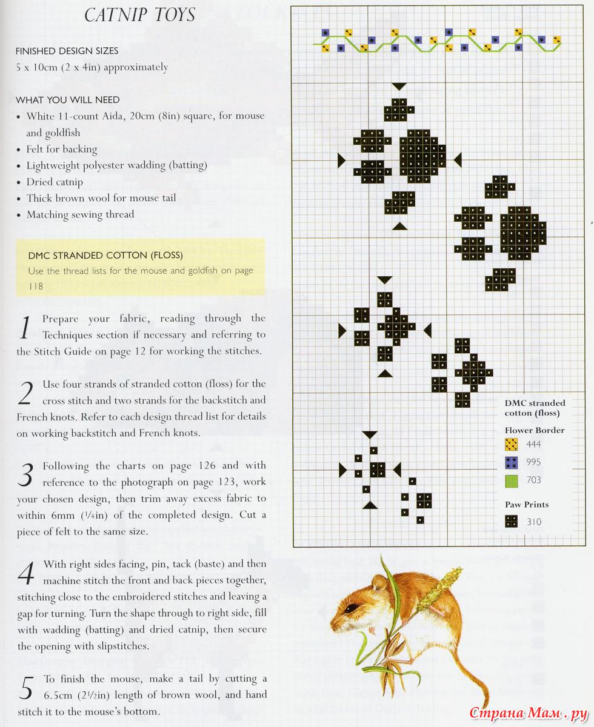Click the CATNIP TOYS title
point(140,15)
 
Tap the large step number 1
point(25,328)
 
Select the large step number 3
point(25,476)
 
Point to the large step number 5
point(26,688)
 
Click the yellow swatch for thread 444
point(512,445)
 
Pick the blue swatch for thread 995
point(512,463)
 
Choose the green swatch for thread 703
point(512,480)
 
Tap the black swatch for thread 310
point(512,522)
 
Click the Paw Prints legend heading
point(527,504)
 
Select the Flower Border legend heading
point(534,430)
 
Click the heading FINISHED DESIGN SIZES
point(67,51)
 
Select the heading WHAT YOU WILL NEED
point(68,99)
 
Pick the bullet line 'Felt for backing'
point(61,149)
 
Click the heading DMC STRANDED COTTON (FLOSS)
point(105,255)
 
